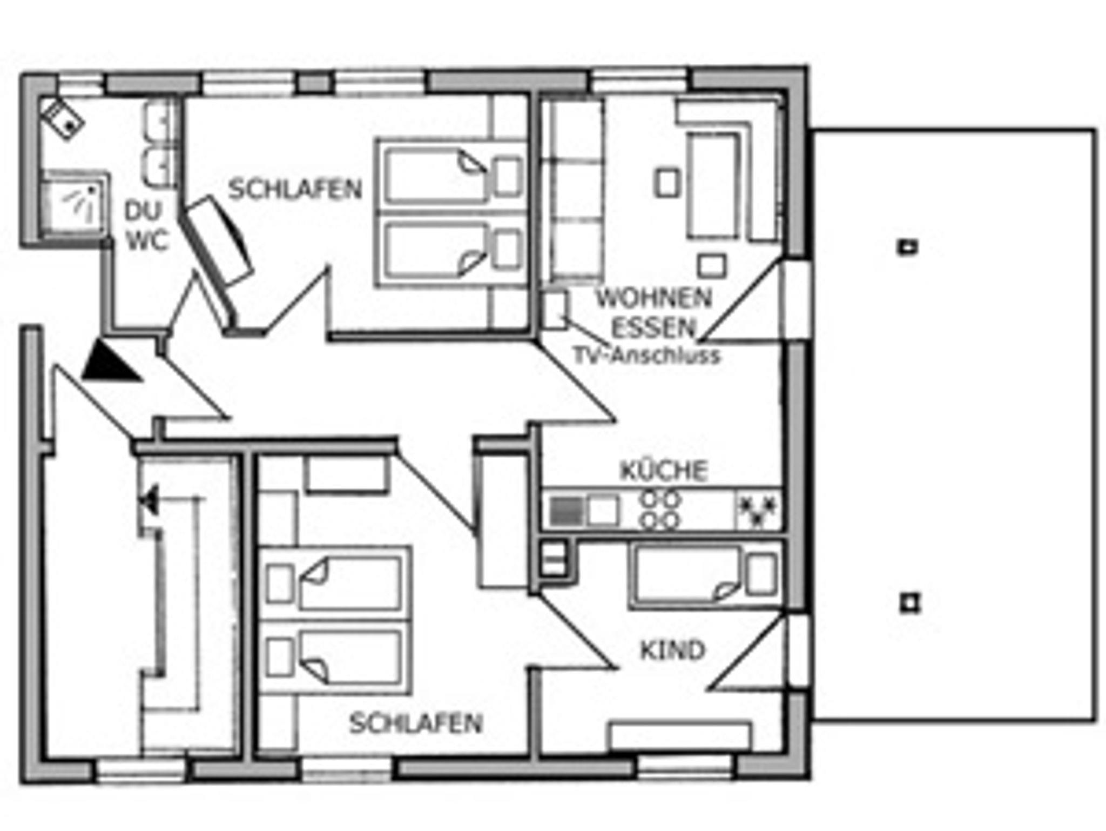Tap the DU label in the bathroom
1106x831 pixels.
(x=143, y=211)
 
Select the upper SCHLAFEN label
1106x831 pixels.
(x=295, y=189)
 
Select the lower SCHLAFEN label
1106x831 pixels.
(x=415, y=723)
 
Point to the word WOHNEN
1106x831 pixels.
(x=653, y=298)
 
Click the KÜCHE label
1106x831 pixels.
(x=664, y=471)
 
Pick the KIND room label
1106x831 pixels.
(x=673, y=651)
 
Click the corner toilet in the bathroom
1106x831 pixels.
(x=64, y=119)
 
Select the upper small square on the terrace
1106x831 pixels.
(x=908, y=247)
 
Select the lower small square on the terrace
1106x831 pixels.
(x=910, y=602)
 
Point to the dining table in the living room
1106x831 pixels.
(x=713, y=185)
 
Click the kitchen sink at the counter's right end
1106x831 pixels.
(x=757, y=510)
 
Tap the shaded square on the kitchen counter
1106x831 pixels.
(x=566, y=511)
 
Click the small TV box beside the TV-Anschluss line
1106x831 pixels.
(x=554, y=310)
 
